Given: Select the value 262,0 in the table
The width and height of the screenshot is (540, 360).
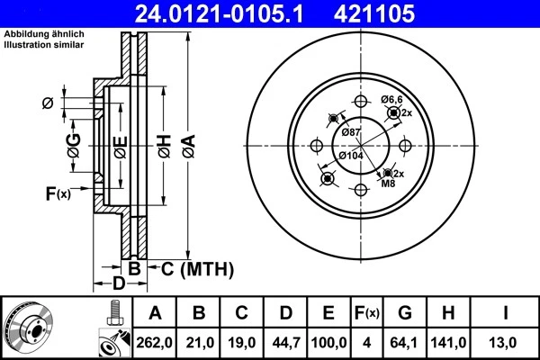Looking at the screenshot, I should coord(154,341).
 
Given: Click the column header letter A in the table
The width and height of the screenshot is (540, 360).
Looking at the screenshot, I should coord(154,314).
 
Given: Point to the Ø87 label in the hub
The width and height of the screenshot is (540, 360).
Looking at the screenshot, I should coord(352,133).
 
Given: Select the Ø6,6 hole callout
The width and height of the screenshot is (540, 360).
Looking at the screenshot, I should coord(391,99).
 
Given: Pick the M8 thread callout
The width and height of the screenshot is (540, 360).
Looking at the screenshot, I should coord(388,184).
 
